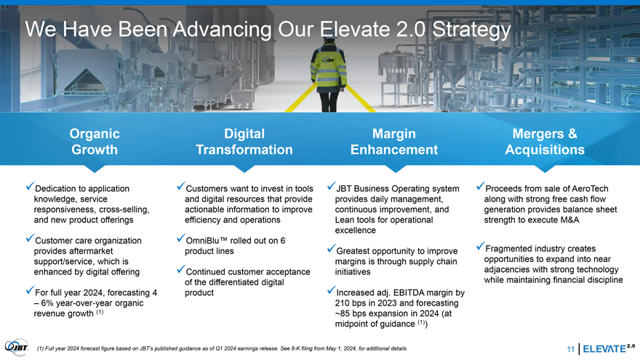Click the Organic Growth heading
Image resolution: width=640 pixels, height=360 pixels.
(95, 141)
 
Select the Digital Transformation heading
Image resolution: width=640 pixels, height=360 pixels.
(244, 141)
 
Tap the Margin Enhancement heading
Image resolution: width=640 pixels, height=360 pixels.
(394, 141)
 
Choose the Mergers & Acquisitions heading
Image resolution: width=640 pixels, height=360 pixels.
(545, 141)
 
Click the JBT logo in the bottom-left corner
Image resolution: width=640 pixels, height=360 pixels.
(16, 348)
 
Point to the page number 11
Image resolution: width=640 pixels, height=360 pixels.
(571, 349)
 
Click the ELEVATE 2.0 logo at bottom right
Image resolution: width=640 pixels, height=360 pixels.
(609, 348)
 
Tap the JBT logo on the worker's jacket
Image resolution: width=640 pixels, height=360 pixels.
(328, 60)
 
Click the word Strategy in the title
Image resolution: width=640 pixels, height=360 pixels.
(471, 29)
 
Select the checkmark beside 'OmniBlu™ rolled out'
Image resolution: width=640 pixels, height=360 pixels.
(181, 238)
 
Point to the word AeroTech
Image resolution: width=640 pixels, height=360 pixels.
(590, 188)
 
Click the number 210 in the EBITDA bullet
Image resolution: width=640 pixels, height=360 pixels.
(342, 303)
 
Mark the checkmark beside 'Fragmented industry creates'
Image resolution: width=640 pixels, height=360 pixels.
(481, 246)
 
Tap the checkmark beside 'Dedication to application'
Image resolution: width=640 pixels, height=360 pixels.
(30, 185)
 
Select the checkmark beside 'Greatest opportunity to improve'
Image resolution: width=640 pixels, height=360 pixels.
(331, 248)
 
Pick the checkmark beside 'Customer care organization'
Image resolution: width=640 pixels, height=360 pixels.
(30, 238)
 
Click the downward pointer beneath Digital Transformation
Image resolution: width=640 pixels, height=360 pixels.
(244, 169)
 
